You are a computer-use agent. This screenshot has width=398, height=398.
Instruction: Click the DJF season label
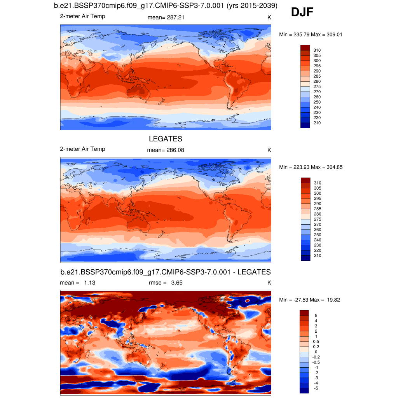[302, 13]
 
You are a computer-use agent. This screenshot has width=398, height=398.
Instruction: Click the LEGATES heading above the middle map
[166, 139]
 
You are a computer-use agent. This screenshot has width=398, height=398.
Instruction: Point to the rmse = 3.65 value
[166, 283]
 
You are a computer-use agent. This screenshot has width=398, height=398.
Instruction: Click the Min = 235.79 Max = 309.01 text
[311, 35]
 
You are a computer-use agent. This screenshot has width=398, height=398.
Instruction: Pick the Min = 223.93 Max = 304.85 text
[311, 167]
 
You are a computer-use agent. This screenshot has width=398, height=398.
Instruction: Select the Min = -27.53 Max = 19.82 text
[310, 300]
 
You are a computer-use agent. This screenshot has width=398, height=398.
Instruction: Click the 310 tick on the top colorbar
[317, 50]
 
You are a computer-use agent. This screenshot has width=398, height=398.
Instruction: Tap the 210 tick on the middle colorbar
[317, 255]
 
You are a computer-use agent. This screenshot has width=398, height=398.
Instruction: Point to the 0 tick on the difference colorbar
[316, 352]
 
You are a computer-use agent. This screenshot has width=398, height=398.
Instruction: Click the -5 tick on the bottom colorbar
[316, 388]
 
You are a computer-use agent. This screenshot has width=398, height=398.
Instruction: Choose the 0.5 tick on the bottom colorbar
[317, 341]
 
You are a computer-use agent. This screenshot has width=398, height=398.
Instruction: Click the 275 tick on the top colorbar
[317, 87]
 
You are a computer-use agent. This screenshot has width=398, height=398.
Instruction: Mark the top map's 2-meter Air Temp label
[82, 16]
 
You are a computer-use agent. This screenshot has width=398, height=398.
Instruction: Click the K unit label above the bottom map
[269, 283]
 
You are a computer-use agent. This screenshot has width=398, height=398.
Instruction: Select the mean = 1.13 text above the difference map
[77, 283]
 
